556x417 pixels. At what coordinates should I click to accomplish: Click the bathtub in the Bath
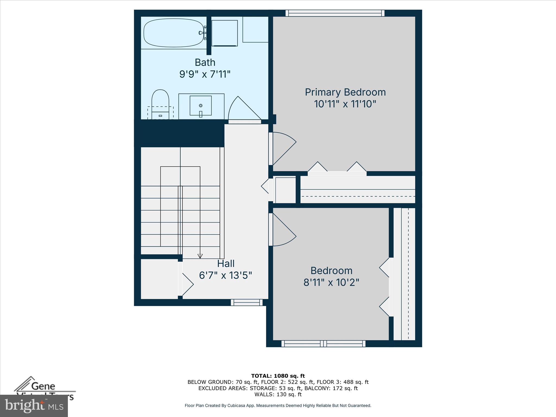coord(173,33)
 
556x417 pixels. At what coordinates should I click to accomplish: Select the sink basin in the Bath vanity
coord(201,106)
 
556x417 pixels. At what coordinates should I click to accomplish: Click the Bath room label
coord(205,62)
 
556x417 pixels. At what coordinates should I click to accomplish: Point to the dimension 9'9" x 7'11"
coord(205,74)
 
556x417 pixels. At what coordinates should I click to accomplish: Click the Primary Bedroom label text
coord(345,92)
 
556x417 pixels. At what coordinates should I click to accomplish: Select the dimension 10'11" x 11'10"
coord(345,104)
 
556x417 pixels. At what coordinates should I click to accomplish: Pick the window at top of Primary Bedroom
coord(335,13)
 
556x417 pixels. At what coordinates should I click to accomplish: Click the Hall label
coord(226,264)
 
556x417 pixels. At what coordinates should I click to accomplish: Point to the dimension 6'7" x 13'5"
coord(226,276)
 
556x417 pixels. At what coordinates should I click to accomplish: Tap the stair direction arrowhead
coord(200,256)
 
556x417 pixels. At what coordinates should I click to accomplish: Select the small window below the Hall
coord(247,302)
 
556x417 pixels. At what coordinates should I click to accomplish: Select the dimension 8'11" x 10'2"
coord(331,283)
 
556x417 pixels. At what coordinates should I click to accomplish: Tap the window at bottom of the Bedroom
coord(323,344)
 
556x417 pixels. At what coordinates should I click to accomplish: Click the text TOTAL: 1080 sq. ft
coord(278,376)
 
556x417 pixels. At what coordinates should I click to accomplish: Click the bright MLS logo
coord(34,406)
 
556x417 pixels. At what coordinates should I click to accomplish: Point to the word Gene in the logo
coord(43,386)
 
